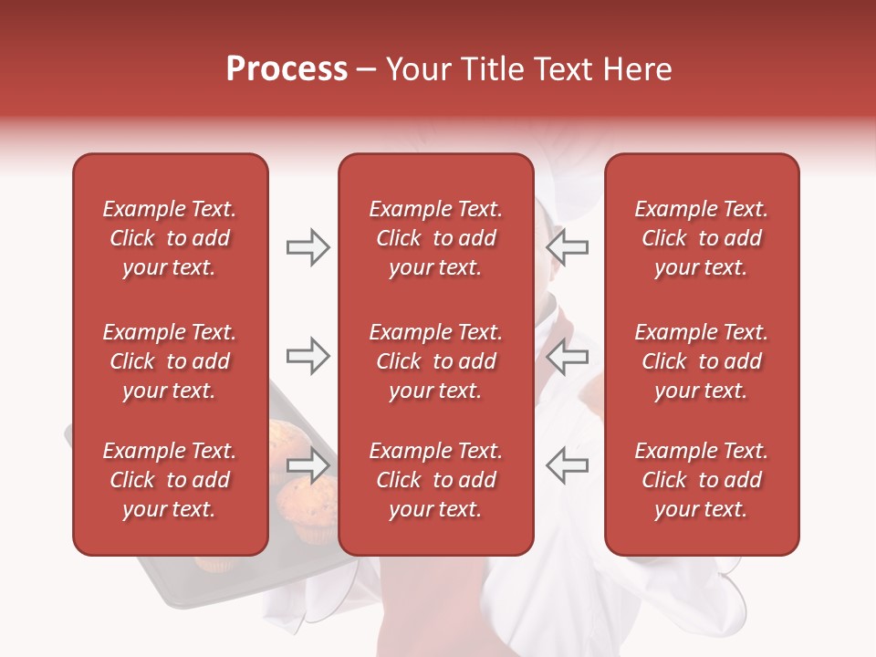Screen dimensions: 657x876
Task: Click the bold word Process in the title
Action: click(287, 69)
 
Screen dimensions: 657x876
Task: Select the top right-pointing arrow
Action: click(308, 247)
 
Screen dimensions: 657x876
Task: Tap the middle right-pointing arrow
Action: click(308, 356)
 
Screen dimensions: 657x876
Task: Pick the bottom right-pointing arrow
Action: click(308, 465)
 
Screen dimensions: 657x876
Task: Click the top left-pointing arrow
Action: click(567, 247)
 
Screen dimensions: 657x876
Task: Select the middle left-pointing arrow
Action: click(567, 356)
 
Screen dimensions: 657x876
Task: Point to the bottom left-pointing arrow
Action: click(567, 465)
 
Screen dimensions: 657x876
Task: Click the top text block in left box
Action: click(170, 238)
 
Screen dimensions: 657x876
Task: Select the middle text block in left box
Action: click(170, 361)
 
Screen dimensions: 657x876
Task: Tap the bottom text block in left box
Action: click(170, 480)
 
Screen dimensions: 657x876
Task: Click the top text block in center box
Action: click(435, 238)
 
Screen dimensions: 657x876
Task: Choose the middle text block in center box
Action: click(435, 361)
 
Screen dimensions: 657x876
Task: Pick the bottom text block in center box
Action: click(435, 480)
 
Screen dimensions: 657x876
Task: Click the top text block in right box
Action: click(701, 238)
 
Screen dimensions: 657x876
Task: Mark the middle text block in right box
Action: click(701, 361)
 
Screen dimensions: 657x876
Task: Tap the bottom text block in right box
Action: click(701, 480)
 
